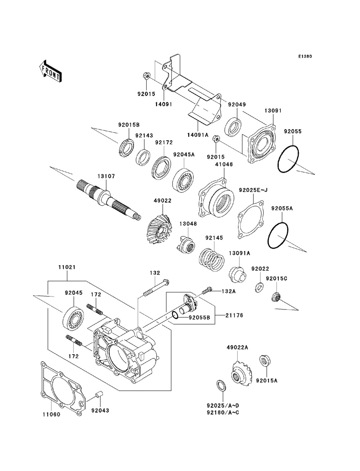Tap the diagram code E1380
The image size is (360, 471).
pyautogui.click(x=305, y=56)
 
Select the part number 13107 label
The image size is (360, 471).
pyautogui.click(x=106, y=176)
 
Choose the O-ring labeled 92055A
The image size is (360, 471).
pyautogui.click(x=278, y=235)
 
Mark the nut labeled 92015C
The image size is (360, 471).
pyautogui.click(x=276, y=297)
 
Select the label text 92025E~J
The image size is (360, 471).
pyautogui.click(x=253, y=190)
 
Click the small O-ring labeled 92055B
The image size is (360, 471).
pyautogui.click(x=175, y=315)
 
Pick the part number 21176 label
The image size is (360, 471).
pyautogui.click(x=234, y=315)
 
